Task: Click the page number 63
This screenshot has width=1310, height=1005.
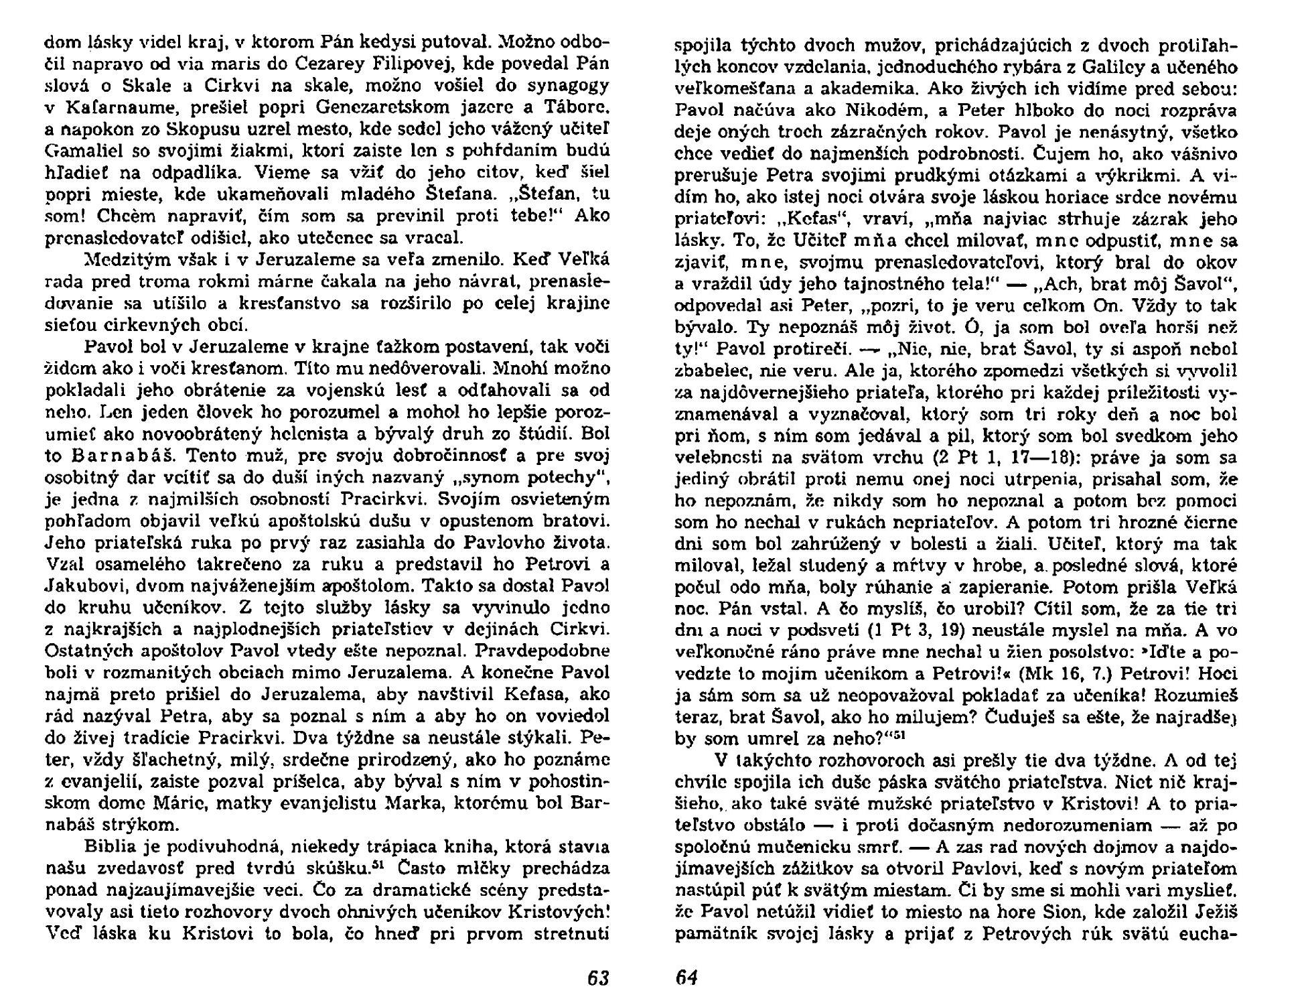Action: [597, 978]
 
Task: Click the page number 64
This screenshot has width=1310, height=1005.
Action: [686, 978]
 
